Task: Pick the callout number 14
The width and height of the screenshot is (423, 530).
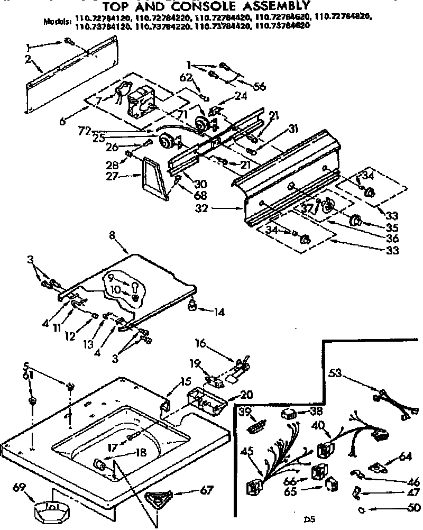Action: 218,312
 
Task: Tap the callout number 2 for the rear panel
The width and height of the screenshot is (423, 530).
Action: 27,59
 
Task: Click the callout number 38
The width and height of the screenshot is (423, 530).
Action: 302,412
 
